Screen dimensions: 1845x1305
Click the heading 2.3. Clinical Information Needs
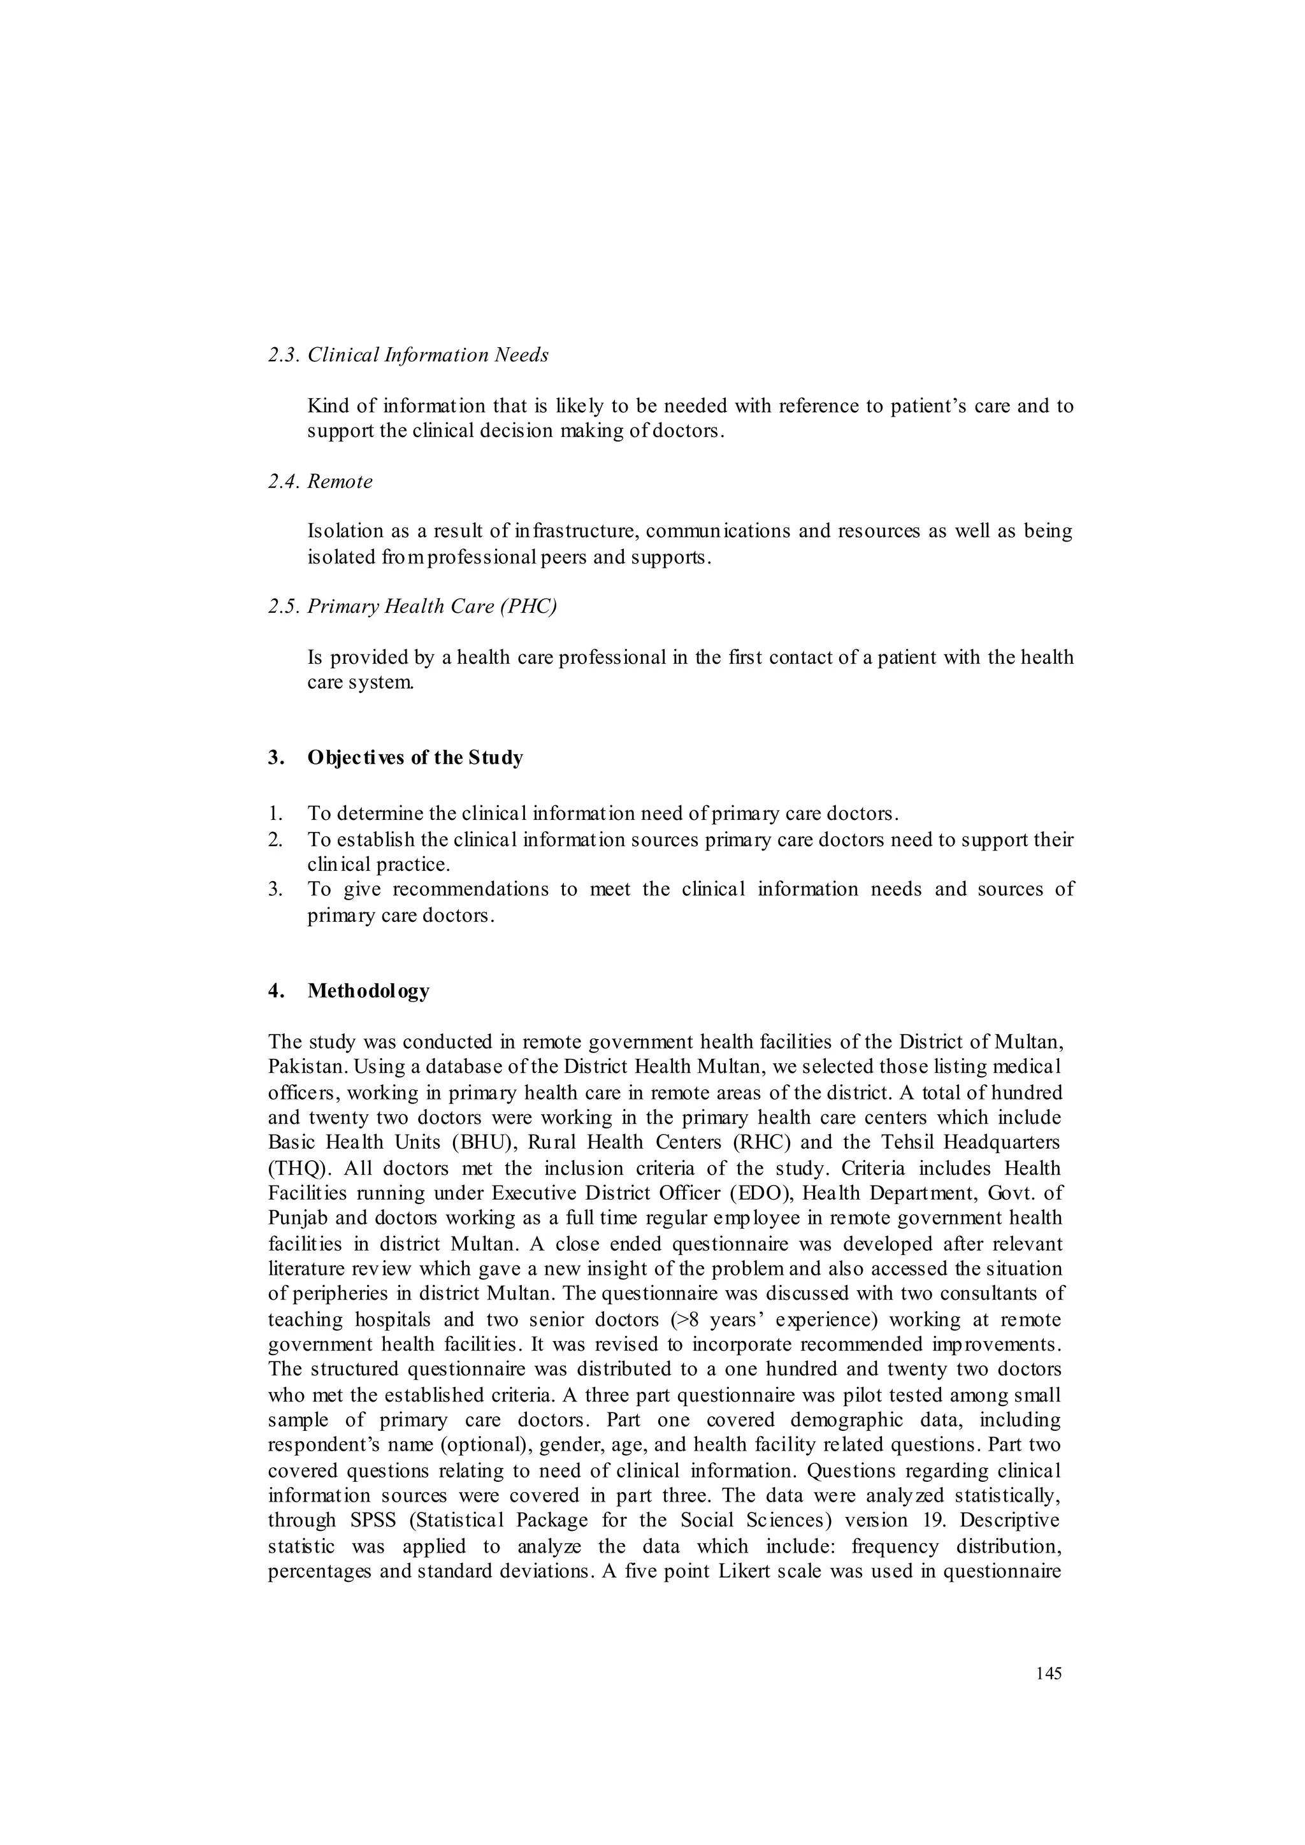coord(408,355)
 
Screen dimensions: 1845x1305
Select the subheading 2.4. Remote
coord(320,482)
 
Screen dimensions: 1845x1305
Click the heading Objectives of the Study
coord(415,757)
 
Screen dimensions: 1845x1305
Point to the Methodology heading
coord(368,991)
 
